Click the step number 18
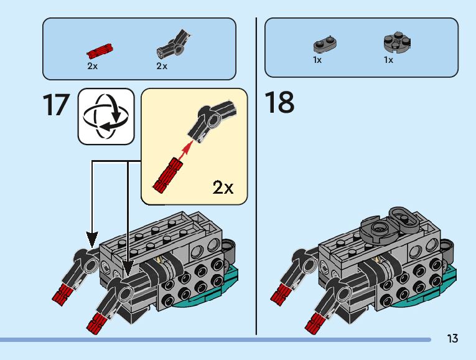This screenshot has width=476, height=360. pos(279,102)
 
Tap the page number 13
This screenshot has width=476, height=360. pos(452,339)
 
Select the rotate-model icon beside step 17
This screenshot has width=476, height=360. pos(106,116)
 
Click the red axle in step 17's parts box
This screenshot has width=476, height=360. pos(100,49)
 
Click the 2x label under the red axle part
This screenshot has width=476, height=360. pos(93,66)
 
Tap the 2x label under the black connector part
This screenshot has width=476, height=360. pos(162,66)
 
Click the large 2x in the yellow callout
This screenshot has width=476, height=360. pos(223,187)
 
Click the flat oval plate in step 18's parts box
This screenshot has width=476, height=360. pos(325,45)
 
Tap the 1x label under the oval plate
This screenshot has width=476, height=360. pos(317,60)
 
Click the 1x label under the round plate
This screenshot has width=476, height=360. pos(388,60)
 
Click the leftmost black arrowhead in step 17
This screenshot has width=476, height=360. pos(92,238)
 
